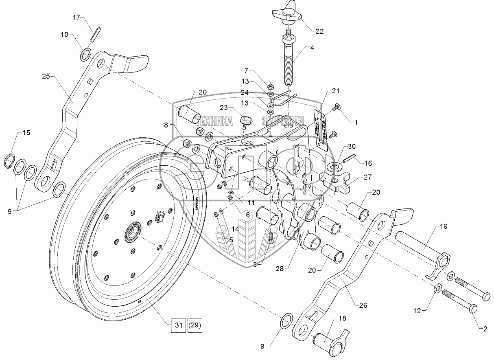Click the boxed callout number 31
[177, 326]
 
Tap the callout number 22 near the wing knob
[319, 31]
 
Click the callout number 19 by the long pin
[443, 227]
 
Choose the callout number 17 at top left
[77, 18]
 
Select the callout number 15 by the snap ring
[26, 133]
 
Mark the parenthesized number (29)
[195, 326]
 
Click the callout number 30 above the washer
[352, 146]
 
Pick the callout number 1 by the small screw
[356, 121]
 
